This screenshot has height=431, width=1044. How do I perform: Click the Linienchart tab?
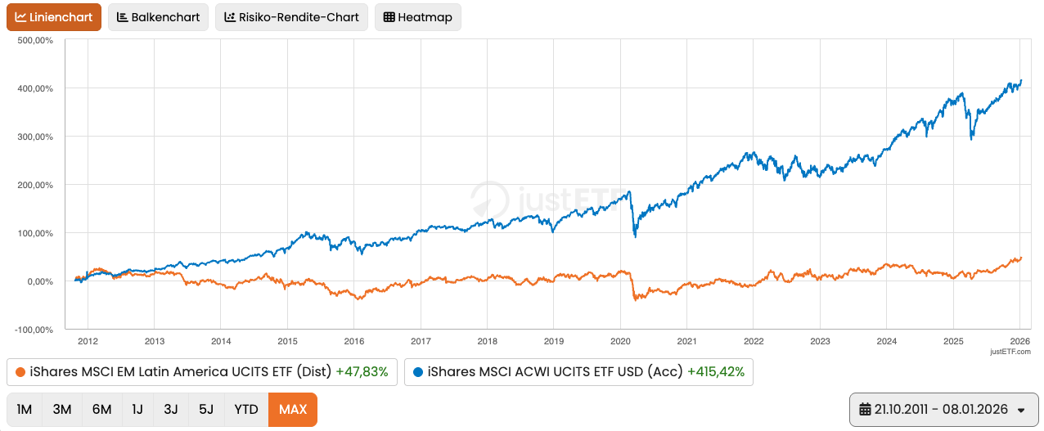[54, 17]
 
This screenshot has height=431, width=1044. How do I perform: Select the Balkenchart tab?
[158, 17]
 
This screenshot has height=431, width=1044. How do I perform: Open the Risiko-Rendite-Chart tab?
[291, 17]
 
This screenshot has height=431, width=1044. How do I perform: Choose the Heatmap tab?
[417, 17]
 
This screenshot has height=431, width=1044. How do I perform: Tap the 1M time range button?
[25, 409]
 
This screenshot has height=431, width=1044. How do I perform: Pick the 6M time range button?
[101, 409]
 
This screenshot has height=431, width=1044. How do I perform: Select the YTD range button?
[245, 409]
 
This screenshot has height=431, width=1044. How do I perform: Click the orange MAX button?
[292, 409]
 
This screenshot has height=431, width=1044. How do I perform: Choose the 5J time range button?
[206, 409]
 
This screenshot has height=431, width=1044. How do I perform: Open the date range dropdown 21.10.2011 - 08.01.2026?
[942, 409]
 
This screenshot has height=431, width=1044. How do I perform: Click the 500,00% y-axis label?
[34, 40]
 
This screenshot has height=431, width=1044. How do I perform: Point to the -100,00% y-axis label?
[33, 330]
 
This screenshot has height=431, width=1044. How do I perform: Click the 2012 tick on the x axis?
[88, 341]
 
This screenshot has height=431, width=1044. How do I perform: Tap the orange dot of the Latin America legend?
[20, 372]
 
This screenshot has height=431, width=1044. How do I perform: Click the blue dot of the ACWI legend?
[418, 372]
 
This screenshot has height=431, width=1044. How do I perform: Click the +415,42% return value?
[716, 372]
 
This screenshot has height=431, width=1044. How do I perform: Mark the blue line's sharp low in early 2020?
[636, 236]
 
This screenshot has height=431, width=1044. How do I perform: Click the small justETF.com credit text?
[1010, 352]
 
